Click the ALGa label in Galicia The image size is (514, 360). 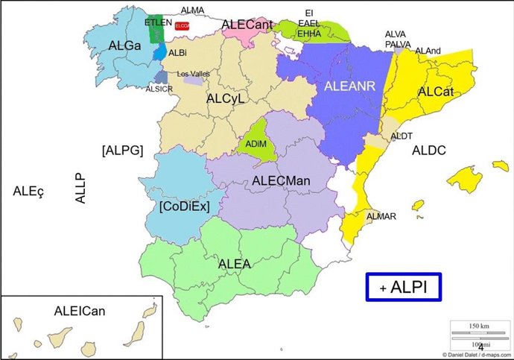pos(124,46)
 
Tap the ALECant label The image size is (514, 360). pos(247,25)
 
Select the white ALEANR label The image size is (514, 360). pos(350,86)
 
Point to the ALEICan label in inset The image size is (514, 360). pos(80,310)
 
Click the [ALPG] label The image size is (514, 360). pos(121,149)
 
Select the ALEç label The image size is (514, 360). pos(29,191)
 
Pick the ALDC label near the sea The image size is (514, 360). pos(428,151)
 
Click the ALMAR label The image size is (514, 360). pos(381,216)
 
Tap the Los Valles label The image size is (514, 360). pos(193,74)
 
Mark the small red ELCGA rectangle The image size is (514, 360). pos(183,25)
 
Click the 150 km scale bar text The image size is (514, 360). pos(478,326)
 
